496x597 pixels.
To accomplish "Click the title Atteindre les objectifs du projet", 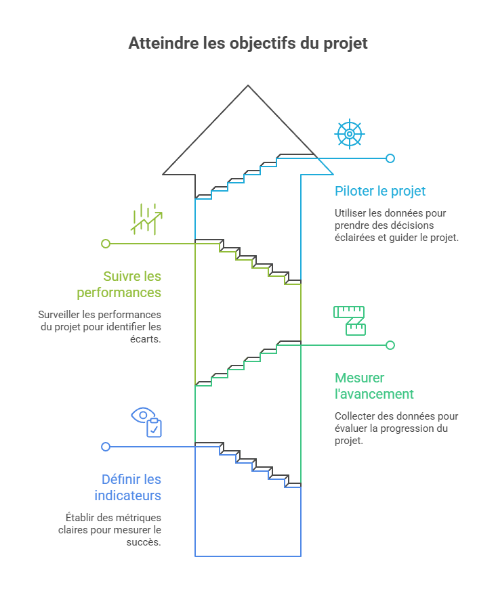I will coord(248,43).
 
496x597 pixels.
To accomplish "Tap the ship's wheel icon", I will coord(350,134).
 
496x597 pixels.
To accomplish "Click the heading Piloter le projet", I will coord(380,192).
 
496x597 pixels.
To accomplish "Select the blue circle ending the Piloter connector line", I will coord(390,158).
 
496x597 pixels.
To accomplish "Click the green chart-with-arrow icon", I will coord(147,219).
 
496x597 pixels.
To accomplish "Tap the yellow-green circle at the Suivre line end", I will coord(106,244).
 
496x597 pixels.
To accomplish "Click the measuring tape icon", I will coord(350,320).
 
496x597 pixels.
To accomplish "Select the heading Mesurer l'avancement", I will coord(374,386).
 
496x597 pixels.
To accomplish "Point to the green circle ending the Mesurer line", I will coord(390,345).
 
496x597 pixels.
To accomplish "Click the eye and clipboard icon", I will coord(147,422).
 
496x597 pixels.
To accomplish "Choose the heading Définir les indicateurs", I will coord(128,487).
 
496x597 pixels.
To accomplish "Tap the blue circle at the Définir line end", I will coord(106,447).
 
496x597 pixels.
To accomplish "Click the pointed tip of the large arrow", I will coord(248,87).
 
